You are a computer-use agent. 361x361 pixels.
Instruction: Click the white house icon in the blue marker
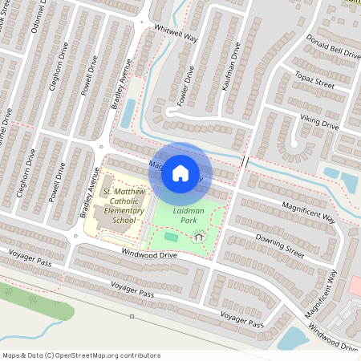click(x=180, y=172)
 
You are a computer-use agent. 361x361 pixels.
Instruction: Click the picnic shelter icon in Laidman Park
click(x=197, y=235)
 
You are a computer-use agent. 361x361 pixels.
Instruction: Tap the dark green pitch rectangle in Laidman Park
click(x=171, y=237)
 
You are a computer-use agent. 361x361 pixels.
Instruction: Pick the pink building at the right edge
click(x=355, y=286)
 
